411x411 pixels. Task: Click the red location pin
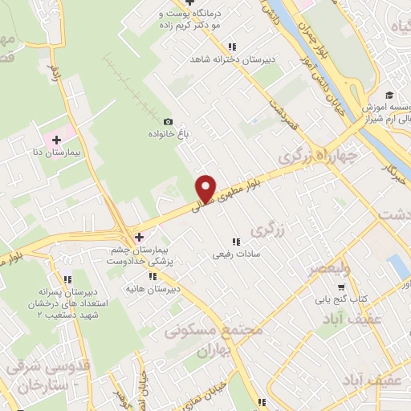(206, 188)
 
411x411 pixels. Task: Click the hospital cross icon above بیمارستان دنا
(55, 140)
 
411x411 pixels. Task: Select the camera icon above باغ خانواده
(168, 121)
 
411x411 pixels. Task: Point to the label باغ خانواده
(167, 134)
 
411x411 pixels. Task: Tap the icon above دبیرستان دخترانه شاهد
(233, 47)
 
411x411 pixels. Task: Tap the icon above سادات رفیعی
(235, 242)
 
